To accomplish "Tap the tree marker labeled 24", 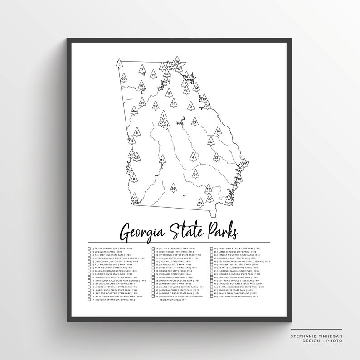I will click(173, 188).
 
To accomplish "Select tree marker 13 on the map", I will click(162, 160).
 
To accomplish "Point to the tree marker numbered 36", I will click(156, 106).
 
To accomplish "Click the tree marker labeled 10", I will click(218, 131).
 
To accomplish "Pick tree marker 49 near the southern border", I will click(200, 203).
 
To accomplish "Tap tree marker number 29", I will click(195, 122).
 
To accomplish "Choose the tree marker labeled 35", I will click(123, 78).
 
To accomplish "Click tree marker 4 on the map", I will click(193, 157).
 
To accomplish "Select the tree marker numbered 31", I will click(195, 174).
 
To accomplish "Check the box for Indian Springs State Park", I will click(89, 248).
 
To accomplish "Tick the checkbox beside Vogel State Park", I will click(89, 253).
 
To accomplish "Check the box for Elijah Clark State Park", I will click(152, 248).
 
